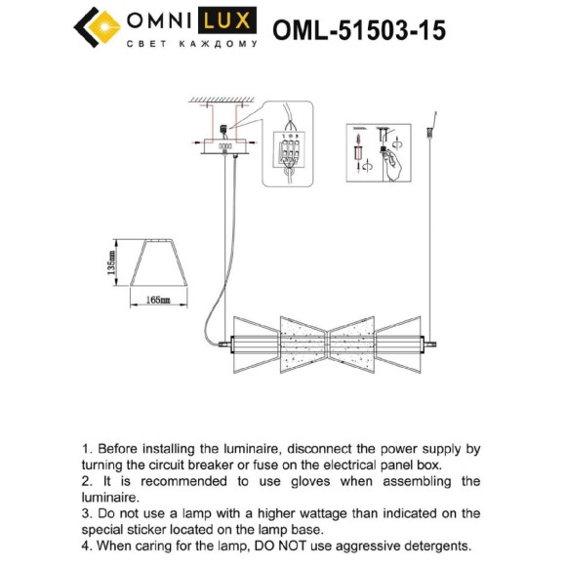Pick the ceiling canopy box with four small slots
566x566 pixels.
pos(225,146)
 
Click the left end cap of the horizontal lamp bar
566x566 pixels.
pos(230,343)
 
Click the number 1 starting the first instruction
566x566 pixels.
pos(86,449)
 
